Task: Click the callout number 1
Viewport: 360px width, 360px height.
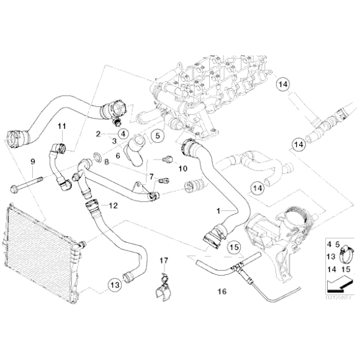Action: [218, 212]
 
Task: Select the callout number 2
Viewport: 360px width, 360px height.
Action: [98, 134]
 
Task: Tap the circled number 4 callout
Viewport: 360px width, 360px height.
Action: [122, 133]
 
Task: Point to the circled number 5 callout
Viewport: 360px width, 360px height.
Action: [156, 135]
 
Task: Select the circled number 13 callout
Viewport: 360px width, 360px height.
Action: [114, 285]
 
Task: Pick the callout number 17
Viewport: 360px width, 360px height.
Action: [164, 259]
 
